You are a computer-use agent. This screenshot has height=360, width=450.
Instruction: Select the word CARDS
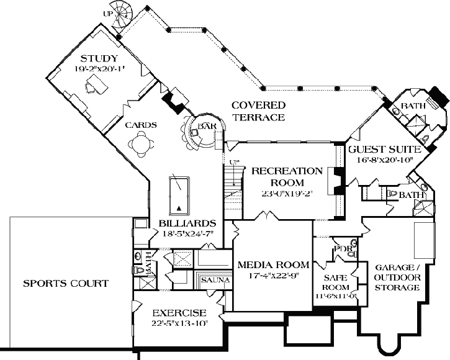[x=140, y=125]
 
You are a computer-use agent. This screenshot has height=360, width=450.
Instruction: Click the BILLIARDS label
[x=187, y=223]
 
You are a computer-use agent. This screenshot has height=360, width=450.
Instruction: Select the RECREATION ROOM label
[x=286, y=176]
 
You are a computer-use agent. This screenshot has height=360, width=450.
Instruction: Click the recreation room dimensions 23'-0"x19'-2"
[x=286, y=193]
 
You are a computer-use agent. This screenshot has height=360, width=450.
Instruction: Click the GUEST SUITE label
[x=384, y=150]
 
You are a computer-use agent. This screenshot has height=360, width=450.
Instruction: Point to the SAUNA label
[x=215, y=281]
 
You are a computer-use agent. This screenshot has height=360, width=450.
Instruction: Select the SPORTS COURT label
[x=66, y=284]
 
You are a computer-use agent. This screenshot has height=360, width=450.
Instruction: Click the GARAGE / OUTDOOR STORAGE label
[x=397, y=277]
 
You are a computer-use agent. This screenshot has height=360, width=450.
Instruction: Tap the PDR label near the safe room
[x=343, y=250]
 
